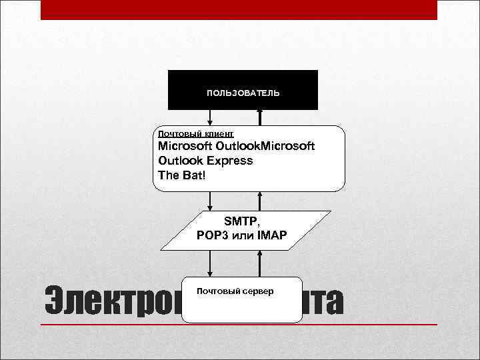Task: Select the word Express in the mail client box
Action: point(229,161)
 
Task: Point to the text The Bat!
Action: point(183,175)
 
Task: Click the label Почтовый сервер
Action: point(235,291)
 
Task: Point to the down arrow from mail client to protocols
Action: point(210,201)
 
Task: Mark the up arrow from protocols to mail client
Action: point(261,201)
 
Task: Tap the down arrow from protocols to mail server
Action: point(210,264)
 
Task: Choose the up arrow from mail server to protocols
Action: point(261,264)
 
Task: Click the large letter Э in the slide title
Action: point(57,301)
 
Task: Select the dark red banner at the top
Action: point(239,9)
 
